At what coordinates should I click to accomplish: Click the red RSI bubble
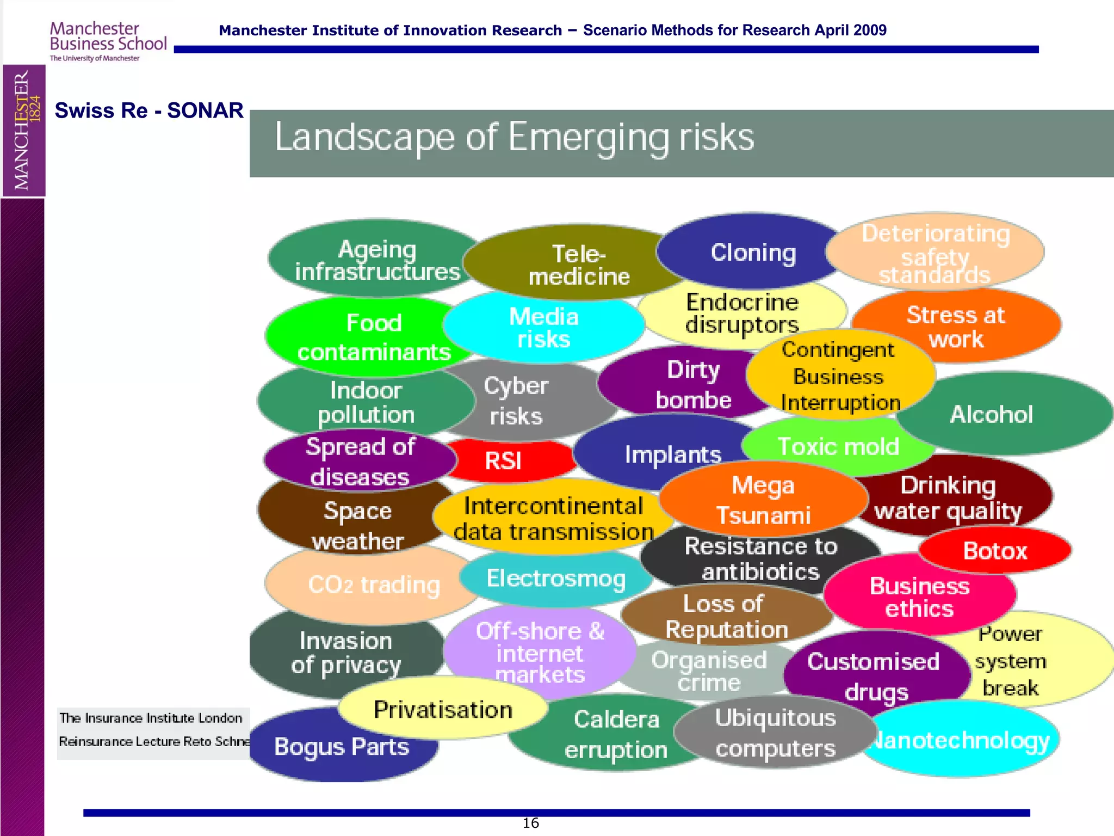point(504,461)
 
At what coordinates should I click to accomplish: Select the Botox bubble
point(995,551)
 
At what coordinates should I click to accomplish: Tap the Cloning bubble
point(753,253)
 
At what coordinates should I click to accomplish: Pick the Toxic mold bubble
point(838,447)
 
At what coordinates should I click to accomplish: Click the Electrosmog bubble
point(556,579)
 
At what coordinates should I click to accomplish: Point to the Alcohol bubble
point(991,415)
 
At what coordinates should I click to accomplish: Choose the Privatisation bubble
point(443,710)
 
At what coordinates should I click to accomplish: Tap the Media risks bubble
point(543,328)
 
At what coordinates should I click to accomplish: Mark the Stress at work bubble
point(956,327)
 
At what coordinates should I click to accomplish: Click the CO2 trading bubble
point(374,585)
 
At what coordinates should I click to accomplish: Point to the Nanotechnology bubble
point(961,741)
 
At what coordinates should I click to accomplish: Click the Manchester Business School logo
point(108,41)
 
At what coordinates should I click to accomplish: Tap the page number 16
point(530,823)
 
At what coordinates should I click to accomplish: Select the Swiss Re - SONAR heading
point(149,110)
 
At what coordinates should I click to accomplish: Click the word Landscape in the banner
point(364,138)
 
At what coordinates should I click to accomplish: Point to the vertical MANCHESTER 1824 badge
point(24,130)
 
